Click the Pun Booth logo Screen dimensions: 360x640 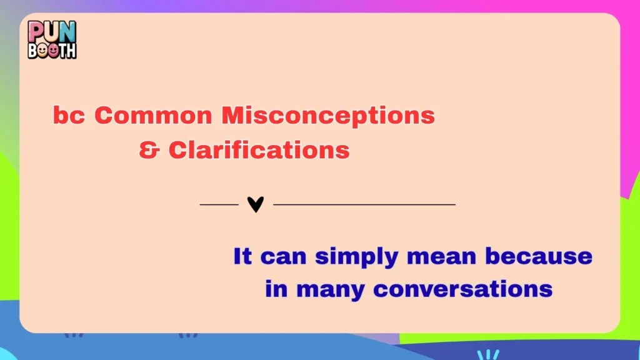tap(52, 40)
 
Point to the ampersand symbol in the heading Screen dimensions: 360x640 tap(149, 151)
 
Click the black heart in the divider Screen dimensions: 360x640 tap(256, 204)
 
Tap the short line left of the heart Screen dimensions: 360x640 tap(219, 204)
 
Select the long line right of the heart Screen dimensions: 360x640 tap(364, 204)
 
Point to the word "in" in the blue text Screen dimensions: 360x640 tap(274, 289)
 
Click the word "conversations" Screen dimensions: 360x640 tap(463, 289)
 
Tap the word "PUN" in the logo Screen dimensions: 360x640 tap(51, 31)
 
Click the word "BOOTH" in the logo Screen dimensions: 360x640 tap(52, 49)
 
